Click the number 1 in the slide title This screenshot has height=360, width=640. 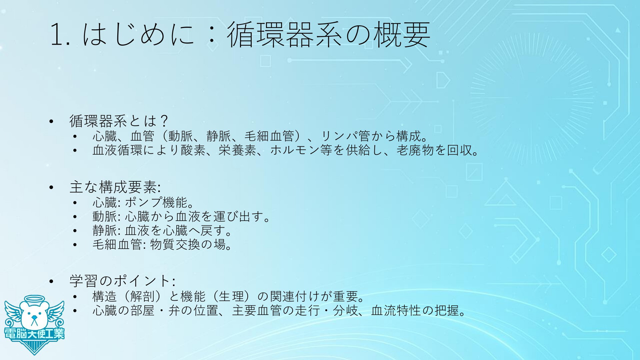[57, 34]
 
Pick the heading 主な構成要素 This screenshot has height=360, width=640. [114, 187]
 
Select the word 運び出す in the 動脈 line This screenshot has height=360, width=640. [238, 217]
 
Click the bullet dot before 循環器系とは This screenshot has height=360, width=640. [51, 122]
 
